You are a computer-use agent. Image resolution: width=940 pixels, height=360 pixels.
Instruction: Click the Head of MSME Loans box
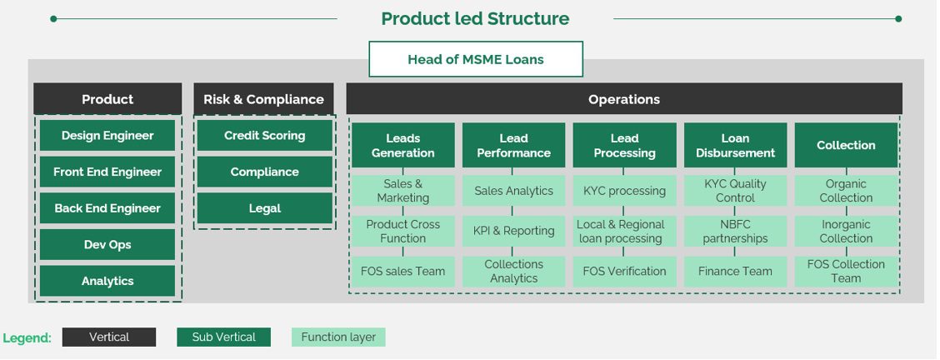click(475, 59)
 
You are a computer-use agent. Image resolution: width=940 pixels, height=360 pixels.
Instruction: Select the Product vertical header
click(107, 99)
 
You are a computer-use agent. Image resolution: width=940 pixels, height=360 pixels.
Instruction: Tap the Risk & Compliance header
click(263, 99)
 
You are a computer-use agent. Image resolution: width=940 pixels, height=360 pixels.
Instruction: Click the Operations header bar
click(623, 99)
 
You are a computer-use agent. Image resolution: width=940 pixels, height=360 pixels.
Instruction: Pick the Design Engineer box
click(107, 136)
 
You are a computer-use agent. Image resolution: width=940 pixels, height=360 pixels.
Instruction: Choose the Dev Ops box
click(107, 245)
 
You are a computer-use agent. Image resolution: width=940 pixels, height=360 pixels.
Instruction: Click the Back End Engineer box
click(107, 208)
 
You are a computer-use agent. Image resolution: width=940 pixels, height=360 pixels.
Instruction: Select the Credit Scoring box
click(264, 136)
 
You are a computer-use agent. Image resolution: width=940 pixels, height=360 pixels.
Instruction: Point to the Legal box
click(264, 208)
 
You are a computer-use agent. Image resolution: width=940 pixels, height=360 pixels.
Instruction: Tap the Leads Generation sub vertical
click(402, 146)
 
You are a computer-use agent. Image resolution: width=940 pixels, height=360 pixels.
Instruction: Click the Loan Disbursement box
click(735, 146)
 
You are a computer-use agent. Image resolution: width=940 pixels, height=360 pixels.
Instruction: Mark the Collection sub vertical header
click(846, 146)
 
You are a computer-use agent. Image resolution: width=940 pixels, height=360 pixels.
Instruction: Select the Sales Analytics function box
click(513, 191)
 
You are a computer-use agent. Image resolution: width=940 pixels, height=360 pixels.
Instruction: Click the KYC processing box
click(624, 191)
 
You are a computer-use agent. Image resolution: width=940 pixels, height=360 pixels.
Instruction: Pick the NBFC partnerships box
click(735, 231)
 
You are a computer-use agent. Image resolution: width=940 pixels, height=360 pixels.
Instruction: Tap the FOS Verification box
click(624, 271)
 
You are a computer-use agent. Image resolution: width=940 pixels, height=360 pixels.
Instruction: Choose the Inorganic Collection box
click(846, 231)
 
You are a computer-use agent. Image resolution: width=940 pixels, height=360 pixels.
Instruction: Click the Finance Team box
click(735, 271)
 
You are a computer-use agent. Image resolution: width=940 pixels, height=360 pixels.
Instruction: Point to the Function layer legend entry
click(338, 337)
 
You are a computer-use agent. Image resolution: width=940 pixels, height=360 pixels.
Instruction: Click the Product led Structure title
click(475, 18)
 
